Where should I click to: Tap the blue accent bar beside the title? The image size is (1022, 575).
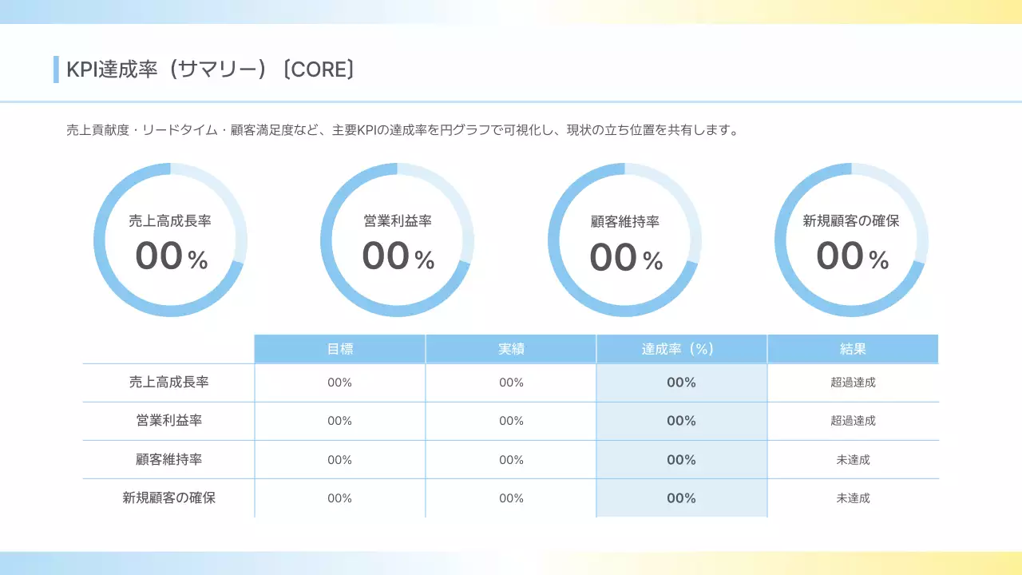tap(56, 69)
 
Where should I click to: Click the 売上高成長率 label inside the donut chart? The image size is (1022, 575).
tap(170, 221)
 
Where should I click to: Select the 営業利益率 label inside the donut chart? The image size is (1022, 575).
tap(398, 221)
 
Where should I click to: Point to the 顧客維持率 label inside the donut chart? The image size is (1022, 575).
tap(625, 222)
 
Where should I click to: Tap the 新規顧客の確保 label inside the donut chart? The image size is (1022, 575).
tap(851, 221)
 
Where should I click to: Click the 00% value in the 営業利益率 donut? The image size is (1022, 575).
tap(398, 256)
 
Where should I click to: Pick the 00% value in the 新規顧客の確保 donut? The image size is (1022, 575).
tap(851, 256)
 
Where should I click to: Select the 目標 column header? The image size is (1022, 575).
tap(339, 349)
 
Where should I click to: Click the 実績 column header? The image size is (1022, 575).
tap(511, 349)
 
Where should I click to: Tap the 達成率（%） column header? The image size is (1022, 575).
tap(681, 349)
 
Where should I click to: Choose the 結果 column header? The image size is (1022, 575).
tap(853, 349)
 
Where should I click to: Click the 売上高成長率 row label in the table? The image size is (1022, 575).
tap(168, 383)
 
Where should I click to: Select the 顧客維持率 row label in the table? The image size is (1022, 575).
tap(168, 459)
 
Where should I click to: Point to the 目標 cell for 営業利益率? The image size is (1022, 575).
tap(339, 421)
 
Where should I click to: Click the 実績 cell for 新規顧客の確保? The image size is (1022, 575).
tap(511, 498)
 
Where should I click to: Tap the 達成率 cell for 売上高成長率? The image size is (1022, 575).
tap(681, 383)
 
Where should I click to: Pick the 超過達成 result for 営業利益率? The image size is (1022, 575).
tap(853, 421)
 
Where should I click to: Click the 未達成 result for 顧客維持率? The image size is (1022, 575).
tap(853, 459)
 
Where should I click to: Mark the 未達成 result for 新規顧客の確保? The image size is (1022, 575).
tap(853, 498)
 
